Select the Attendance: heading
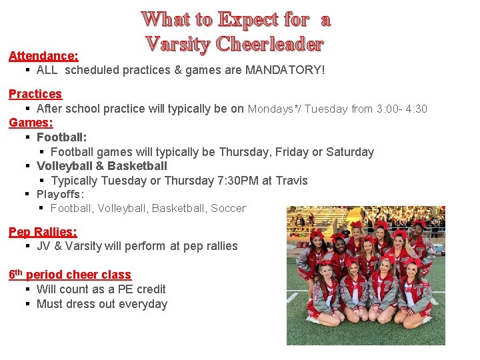click(43, 56)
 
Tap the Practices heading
click(35, 94)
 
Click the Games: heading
click(31, 123)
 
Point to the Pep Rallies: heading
click(43, 231)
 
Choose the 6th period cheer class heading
click(70, 274)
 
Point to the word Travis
click(292, 180)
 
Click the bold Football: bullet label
click(61, 137)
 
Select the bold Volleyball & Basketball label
click(102, 166)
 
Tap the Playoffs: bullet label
click(60, 194)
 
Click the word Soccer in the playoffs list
click(228, 209)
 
